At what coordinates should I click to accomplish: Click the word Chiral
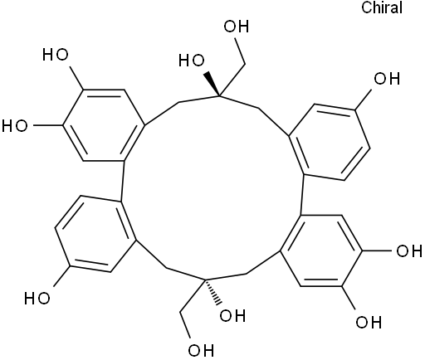pyautogui.click(x=382, y=7)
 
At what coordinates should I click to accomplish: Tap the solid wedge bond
pyautogui.click(x=212, y=84)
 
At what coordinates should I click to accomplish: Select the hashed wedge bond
pyautogui.click(x=213, y=292)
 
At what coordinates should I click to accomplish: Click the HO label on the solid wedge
pyautogui.click(x=192, y=61)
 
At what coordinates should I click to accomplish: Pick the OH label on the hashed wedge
pyautogui.click(x=232, y=315)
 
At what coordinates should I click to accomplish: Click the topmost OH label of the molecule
pyautogui.click(x=237, y=27)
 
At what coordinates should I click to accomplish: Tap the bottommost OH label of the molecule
pyautogui.click(x=201, y=350)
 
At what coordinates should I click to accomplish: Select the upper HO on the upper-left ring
pyautogui.click(x=56, y=54)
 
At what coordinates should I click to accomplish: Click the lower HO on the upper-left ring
pyautogui.click(x=15, y=125)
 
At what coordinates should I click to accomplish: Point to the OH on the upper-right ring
pyautogui.click(x=387, y=79)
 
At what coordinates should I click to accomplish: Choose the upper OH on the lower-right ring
pyautogui.click(x=409, y=251)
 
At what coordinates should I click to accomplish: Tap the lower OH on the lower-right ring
pyautogui.click(x=369, y=322)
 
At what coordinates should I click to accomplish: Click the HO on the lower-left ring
pyautogui.click(x=37, y=299)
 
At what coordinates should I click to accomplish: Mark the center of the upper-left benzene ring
pyautogui.click(x=104, y=125)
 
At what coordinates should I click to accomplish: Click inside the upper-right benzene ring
pyautogui.click(x=330, y=142)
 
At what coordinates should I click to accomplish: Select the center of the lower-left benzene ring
pyautogui.click(x=95, y=234)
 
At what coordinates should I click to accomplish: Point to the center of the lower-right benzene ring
pyautogui.click(x=321, y=251)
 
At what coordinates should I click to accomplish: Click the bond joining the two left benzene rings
pyautogui.click(x=123, y=181)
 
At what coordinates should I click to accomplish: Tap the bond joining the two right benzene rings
pyautogui.click(x=302, y=194)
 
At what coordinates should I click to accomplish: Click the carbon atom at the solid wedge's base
pyautogui.click(x=220, y=96)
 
